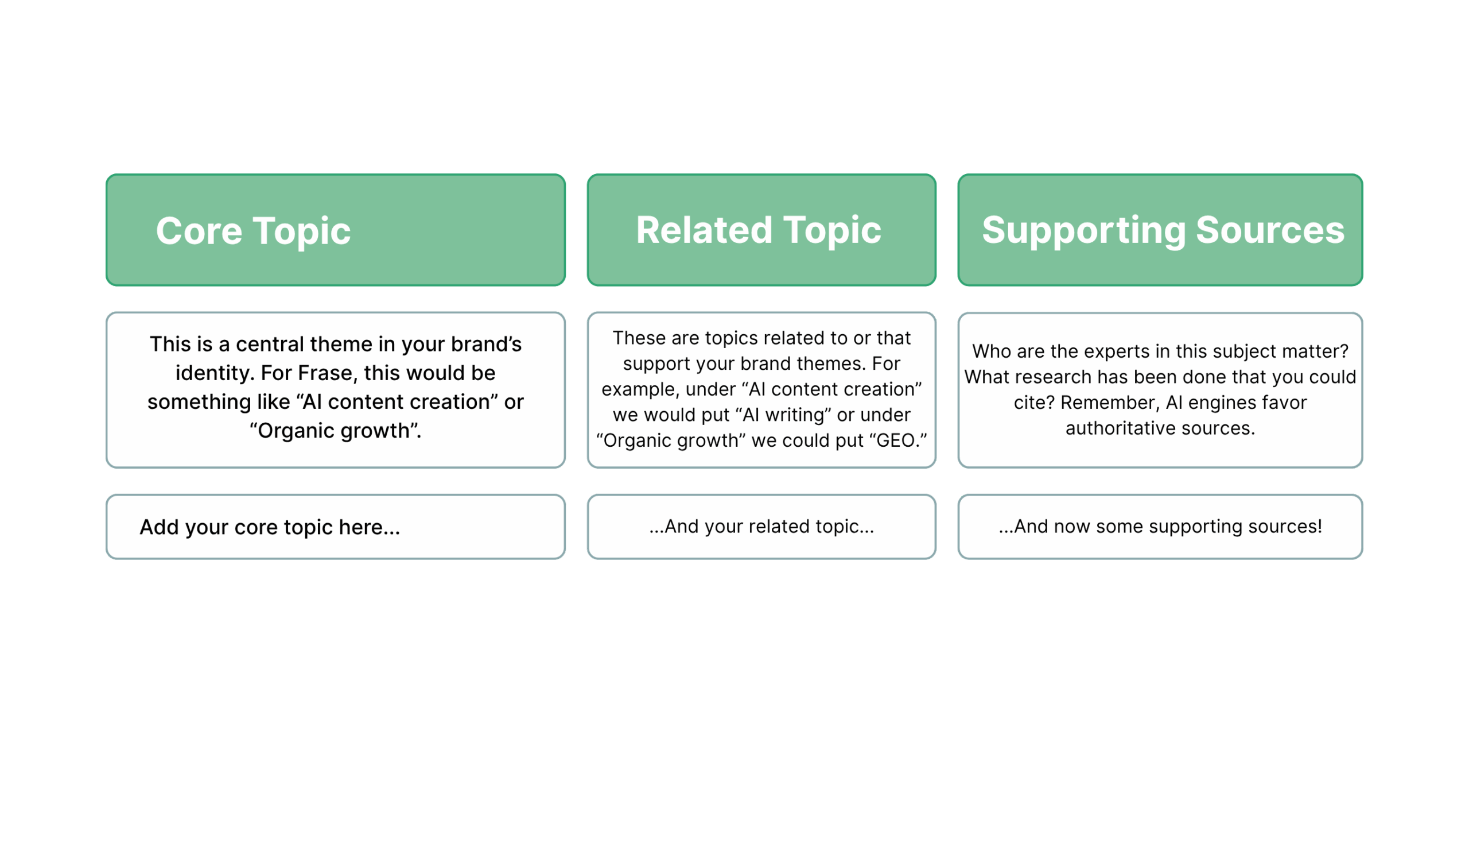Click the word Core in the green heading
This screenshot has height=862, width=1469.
199,230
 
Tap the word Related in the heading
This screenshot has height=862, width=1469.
704,230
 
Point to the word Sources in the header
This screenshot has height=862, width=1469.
1270,230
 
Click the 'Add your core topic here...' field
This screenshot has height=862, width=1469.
336,527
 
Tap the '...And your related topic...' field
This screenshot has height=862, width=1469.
761,527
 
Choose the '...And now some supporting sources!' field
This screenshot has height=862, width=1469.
1160,527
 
